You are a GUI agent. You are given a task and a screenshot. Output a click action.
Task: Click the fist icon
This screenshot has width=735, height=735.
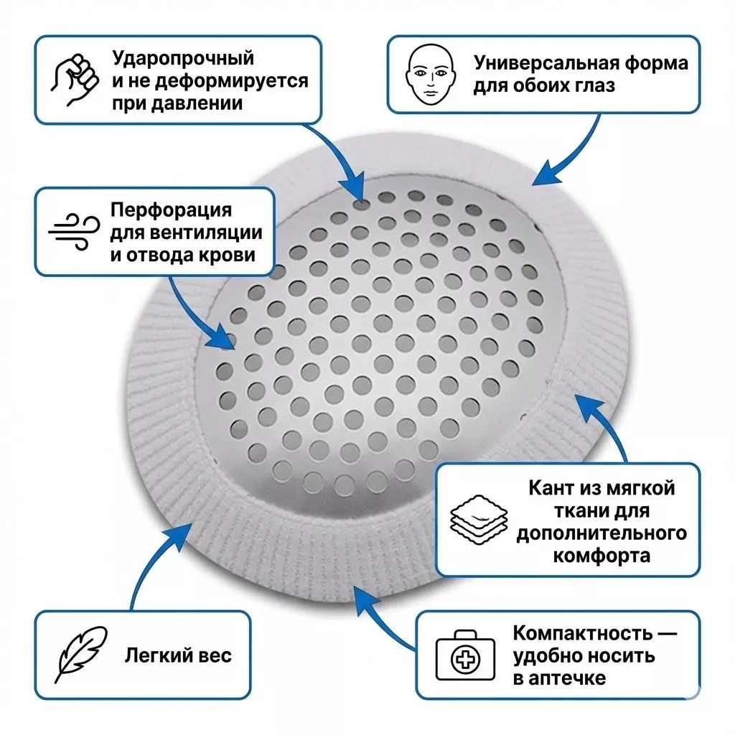[x=75, y=80]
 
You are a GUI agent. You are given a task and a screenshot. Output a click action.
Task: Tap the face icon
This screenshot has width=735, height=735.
[x=431, y=75]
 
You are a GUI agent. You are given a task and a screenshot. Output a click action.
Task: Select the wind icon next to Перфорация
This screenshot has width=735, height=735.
[x=74, y=232]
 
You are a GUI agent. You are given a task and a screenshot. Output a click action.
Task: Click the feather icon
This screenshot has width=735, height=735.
[x=81, y=655]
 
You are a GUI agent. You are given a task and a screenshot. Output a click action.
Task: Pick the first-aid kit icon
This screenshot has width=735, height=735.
[x=465, y=655]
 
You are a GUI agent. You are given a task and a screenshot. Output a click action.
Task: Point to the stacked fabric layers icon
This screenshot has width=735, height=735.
[x=479, y=520]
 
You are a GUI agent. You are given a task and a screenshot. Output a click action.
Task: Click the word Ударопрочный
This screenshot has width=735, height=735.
[x=183, y=59]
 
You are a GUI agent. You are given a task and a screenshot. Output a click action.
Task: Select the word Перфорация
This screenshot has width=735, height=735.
[x=171, y=210]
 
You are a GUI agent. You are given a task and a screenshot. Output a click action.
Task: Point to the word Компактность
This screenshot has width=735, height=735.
[x=583, y=633]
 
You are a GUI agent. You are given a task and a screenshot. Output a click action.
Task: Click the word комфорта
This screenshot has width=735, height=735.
[x=601, y=556]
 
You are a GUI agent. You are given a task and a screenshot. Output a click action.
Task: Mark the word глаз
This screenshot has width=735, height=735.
[x=591, y=86]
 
